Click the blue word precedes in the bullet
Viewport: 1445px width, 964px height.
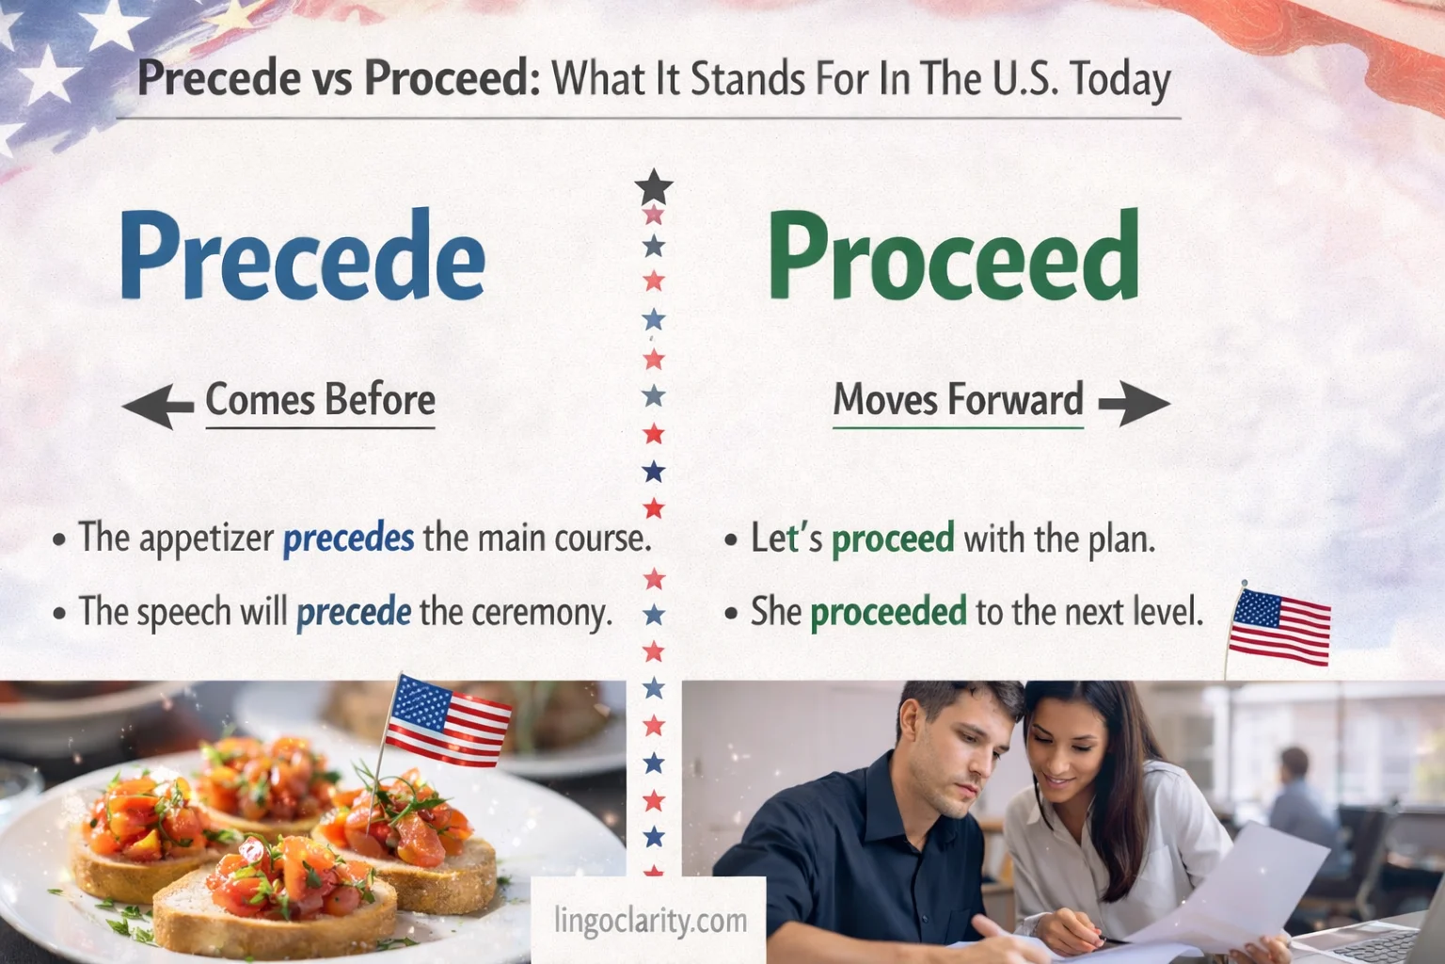coord(348,538)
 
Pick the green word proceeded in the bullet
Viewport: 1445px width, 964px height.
coord(888,612)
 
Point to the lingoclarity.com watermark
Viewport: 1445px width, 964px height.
coord(650,920)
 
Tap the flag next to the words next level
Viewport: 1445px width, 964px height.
coord(1280,626)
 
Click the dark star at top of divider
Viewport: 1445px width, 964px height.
coord(654,186)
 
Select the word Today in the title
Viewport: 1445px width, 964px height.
coord(1120,80)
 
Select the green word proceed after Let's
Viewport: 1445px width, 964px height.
coord(893,538)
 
